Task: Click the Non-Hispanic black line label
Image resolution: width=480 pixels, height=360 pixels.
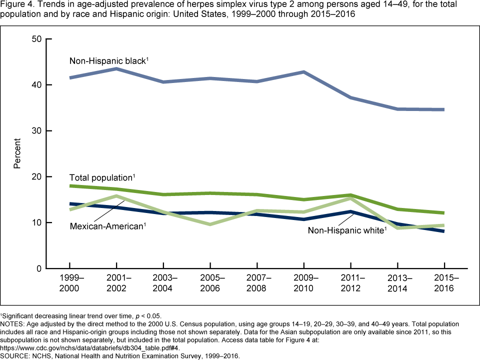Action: point(109,61)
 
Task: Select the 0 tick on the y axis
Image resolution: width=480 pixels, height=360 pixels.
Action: point(37,268)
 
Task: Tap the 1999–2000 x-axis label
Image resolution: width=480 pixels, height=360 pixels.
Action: point(69,282)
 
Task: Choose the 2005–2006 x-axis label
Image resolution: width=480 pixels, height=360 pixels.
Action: point(210,282)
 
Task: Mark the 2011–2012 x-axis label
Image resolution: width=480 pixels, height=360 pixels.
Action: point(351,282)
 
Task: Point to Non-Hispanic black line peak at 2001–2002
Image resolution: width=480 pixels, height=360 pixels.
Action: point(116,68)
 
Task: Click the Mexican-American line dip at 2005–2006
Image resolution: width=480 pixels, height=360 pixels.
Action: point(210,224)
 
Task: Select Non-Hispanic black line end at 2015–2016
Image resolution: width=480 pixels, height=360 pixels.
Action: point(444,109)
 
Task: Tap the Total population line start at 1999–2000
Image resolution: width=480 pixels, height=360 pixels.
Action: point(70,186)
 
